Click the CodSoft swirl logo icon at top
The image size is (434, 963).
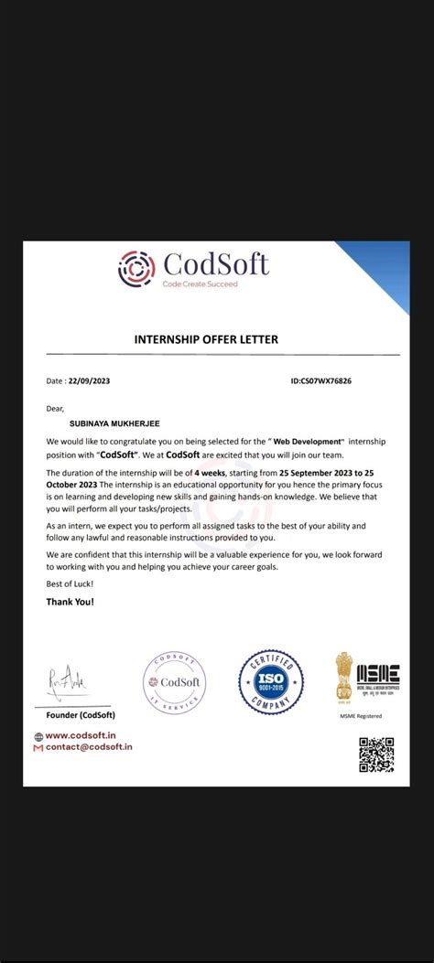137,267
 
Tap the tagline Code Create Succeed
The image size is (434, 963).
200,284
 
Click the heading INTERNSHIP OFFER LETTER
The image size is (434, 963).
206,340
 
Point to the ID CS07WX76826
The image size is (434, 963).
320,380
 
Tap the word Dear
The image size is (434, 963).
56,409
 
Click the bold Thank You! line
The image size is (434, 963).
70,602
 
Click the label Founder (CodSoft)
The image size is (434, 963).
81,714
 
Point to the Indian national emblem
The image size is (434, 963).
343,675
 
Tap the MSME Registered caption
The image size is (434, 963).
361,716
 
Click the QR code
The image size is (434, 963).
376,754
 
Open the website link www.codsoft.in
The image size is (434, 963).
81,735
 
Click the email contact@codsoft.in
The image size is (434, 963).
89,747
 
